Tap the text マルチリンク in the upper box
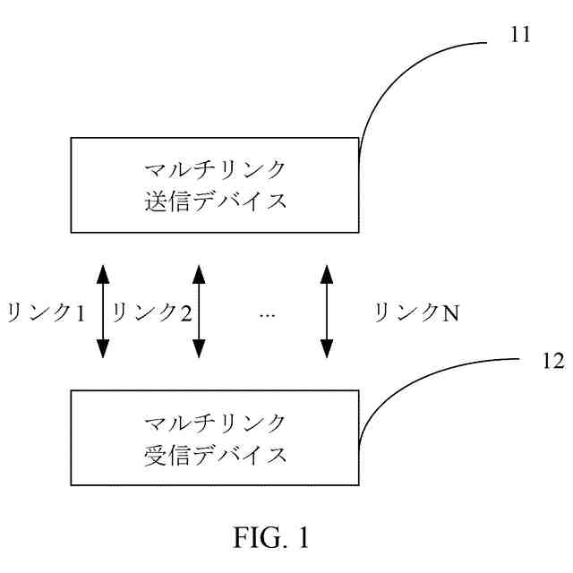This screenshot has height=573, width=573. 216,169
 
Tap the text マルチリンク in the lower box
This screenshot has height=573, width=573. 216,422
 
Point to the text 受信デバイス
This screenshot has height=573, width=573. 216,453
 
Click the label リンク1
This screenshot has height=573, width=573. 45,312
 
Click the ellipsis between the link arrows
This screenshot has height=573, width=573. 267,314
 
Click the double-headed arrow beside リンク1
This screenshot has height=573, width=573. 102,310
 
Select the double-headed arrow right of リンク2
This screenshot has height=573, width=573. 200,310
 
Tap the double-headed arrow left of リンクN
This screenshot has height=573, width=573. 327,310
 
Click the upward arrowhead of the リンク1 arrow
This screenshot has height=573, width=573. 102,269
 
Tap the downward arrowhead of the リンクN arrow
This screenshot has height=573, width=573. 327,350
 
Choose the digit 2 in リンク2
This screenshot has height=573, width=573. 185,312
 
